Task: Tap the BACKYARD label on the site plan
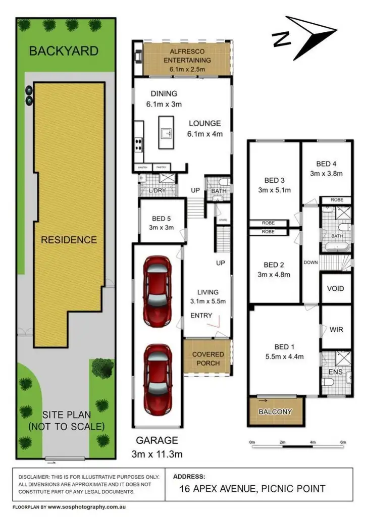tap(63, 51)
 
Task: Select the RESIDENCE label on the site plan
tap(69, 239)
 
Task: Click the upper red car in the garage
tap(157, 291)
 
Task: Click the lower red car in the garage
tap(157, 378)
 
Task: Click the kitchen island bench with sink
tap(167, 132)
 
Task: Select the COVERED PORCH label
tap(207, 358)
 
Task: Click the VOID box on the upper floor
tap(335, 288)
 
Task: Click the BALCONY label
tap(275, 411)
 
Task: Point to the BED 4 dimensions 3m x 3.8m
tap(326, 173)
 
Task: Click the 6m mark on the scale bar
tap(343, 442)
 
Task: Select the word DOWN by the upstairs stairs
tap(311, 263)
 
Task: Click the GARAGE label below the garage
tap(155, 440)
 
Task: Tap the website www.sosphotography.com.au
tap(86, 506)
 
